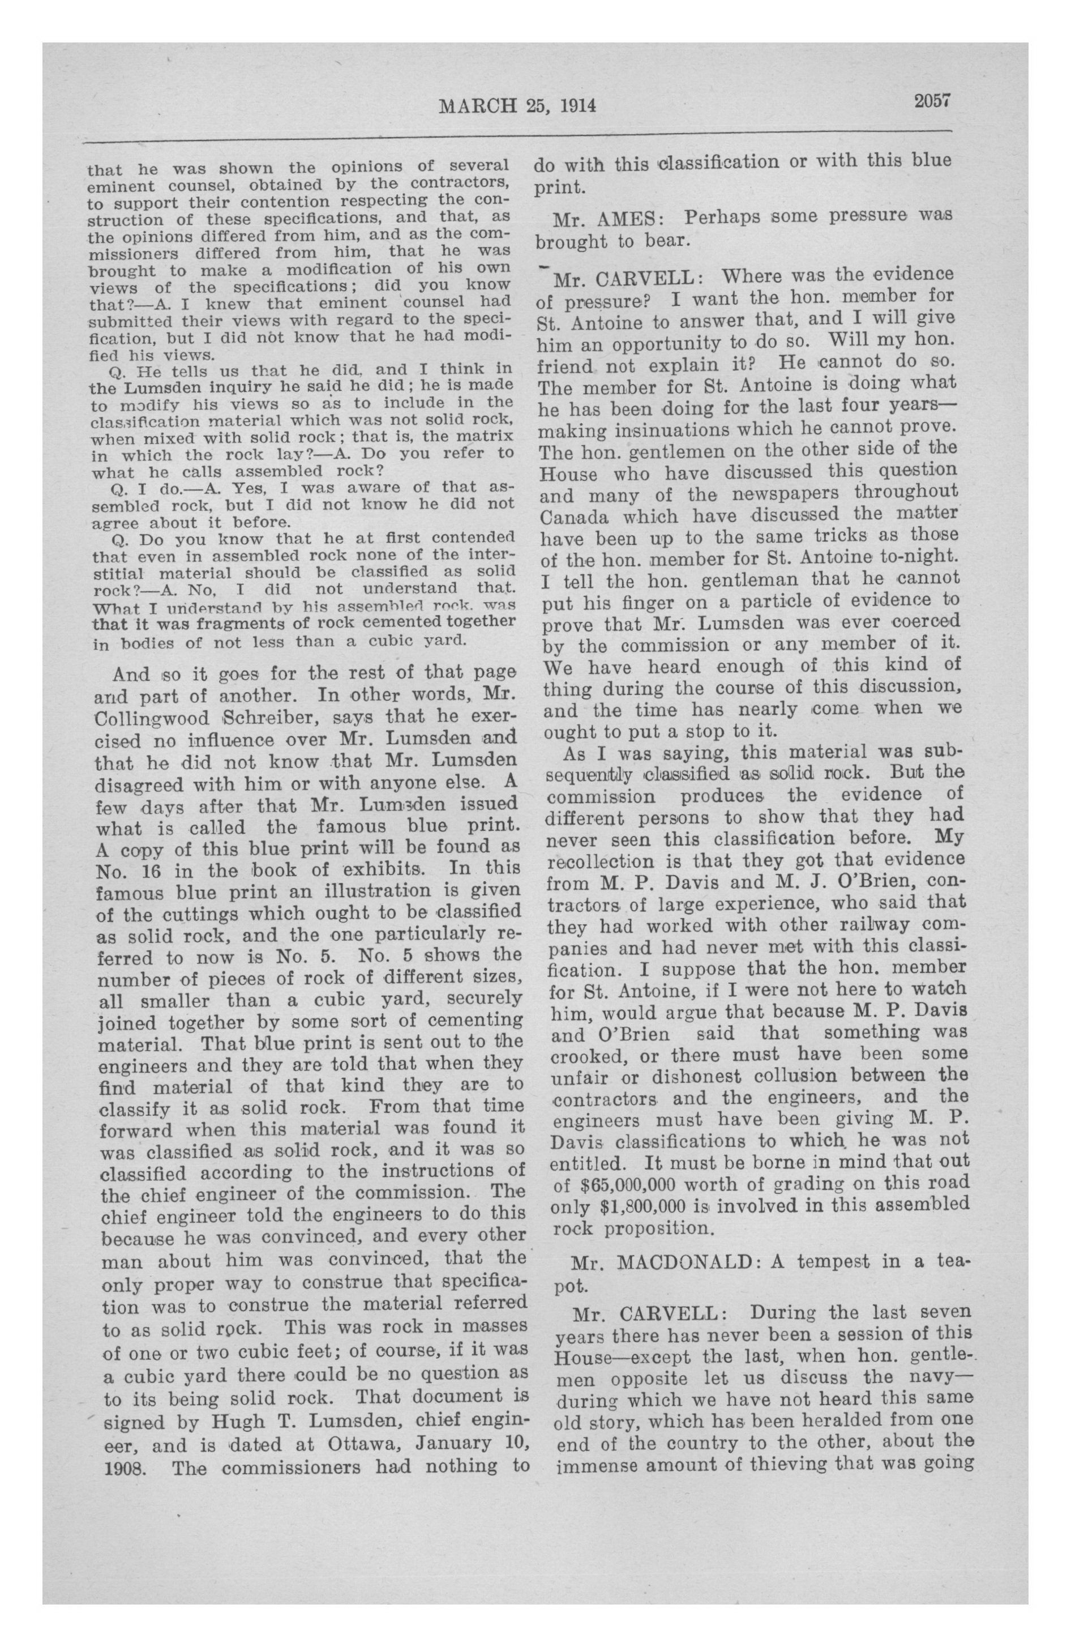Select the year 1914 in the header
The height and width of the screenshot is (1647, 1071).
[577, 105]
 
